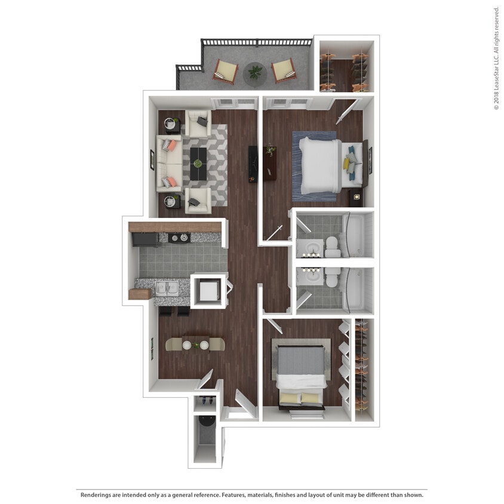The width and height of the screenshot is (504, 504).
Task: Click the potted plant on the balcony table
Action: click(x=256, y=72)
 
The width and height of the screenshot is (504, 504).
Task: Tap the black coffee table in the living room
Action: click(x=198, y=162)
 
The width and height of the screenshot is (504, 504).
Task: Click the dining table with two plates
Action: click(x=195, y=345)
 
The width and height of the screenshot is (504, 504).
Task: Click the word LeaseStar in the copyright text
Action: click(x=496, y=66)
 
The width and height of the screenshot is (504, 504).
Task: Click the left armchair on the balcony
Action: click(x=226, y=71)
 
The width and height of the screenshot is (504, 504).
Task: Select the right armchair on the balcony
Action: click(x=283, y=71)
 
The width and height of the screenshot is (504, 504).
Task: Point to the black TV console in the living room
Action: click(x=253, y=164)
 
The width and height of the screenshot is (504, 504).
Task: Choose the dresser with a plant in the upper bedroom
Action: click(x=271, y=162)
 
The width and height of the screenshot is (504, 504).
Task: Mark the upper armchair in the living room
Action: click(x=198, y=123)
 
